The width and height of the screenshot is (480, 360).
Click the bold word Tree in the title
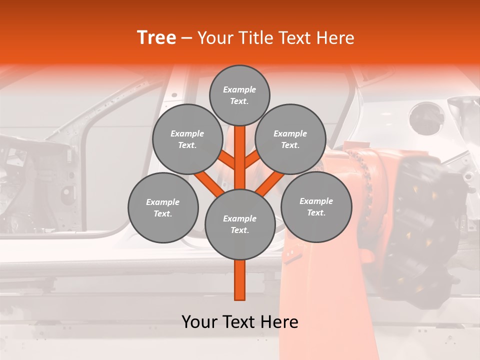156,38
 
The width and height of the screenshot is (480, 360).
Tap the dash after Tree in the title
187,38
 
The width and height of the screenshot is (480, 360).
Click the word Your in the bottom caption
200,322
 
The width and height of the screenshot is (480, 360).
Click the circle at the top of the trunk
239,95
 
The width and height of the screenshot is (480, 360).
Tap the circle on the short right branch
290,139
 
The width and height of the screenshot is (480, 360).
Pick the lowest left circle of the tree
163,207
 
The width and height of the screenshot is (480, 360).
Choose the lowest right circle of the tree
316,206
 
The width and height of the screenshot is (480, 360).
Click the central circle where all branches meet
240,224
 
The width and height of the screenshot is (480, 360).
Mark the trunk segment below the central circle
240,280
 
